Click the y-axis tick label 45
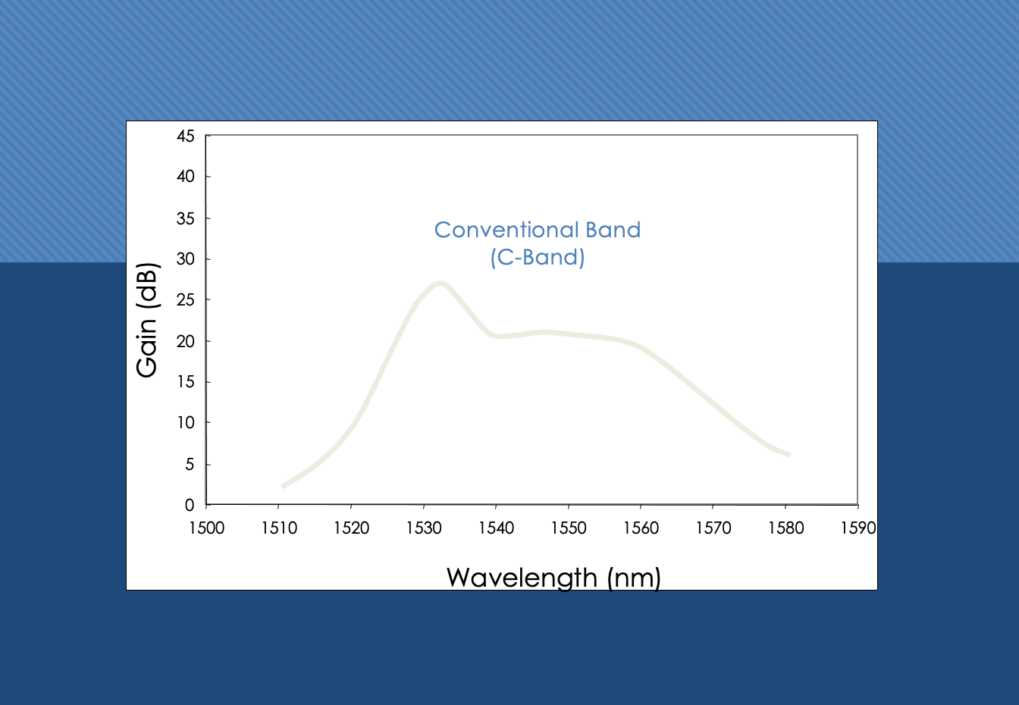185,136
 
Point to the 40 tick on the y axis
185,177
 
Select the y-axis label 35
185,219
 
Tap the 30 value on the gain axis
185,259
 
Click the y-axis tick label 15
186,381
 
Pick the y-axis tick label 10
186,423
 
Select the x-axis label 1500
206,528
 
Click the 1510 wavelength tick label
279,528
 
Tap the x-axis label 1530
424,528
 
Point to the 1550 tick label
569,528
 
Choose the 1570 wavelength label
713,528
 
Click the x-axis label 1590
858,528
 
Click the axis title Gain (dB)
147,320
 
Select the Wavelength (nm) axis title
553,578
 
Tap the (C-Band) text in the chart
538,258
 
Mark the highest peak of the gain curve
440,284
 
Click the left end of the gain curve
283,486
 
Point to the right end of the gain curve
790,454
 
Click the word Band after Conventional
613,230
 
